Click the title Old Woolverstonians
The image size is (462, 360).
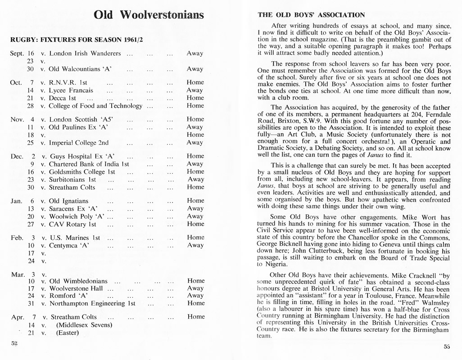149,15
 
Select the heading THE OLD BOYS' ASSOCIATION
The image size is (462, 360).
311,15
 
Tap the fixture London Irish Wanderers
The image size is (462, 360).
85,53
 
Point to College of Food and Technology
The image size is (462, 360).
95,106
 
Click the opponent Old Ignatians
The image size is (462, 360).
69,201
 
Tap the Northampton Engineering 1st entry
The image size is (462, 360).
92,303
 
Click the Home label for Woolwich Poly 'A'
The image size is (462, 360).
195,216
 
